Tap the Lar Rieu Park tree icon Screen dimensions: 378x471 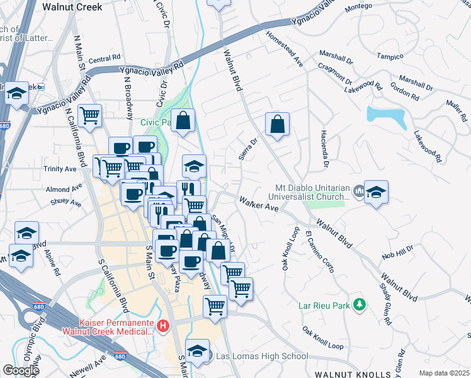click(359, 305)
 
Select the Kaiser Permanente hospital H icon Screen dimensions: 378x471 click(163, 326)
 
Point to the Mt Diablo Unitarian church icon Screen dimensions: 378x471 click(358, 190)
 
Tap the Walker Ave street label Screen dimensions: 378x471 click(258, 203)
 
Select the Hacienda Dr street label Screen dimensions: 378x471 click(325, 154)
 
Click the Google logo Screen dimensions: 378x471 click(21, 370)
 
